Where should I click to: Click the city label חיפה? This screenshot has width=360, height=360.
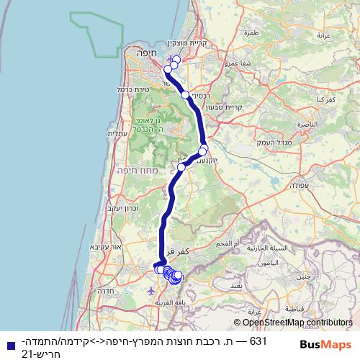pos(137,53)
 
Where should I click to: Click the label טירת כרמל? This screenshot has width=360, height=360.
pos(111,89)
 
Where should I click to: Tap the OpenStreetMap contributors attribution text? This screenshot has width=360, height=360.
pos(297,323)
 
